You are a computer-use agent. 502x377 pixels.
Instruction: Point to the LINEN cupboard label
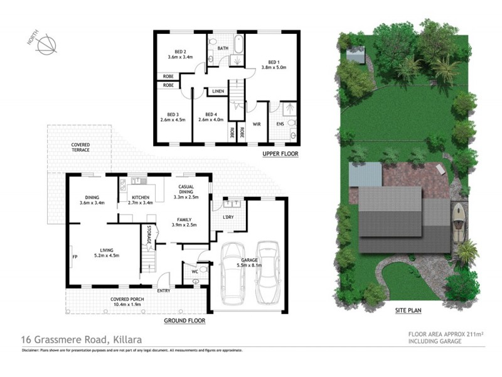click(x=218, y=92)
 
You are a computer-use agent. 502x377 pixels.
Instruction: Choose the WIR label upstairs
click(x=257, y=124)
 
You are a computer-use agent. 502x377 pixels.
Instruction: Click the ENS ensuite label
click(x=280, y=124)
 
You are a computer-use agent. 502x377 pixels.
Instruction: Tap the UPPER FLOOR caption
click(x=280, y=154)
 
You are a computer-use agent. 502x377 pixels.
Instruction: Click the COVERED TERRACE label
click(x=80, y=148)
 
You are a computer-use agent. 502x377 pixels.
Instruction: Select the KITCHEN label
click(x=140, y=199)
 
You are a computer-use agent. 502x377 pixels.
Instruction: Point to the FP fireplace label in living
click(x=74, y=256)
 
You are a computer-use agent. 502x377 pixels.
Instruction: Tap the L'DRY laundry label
click(x=228, y=217)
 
